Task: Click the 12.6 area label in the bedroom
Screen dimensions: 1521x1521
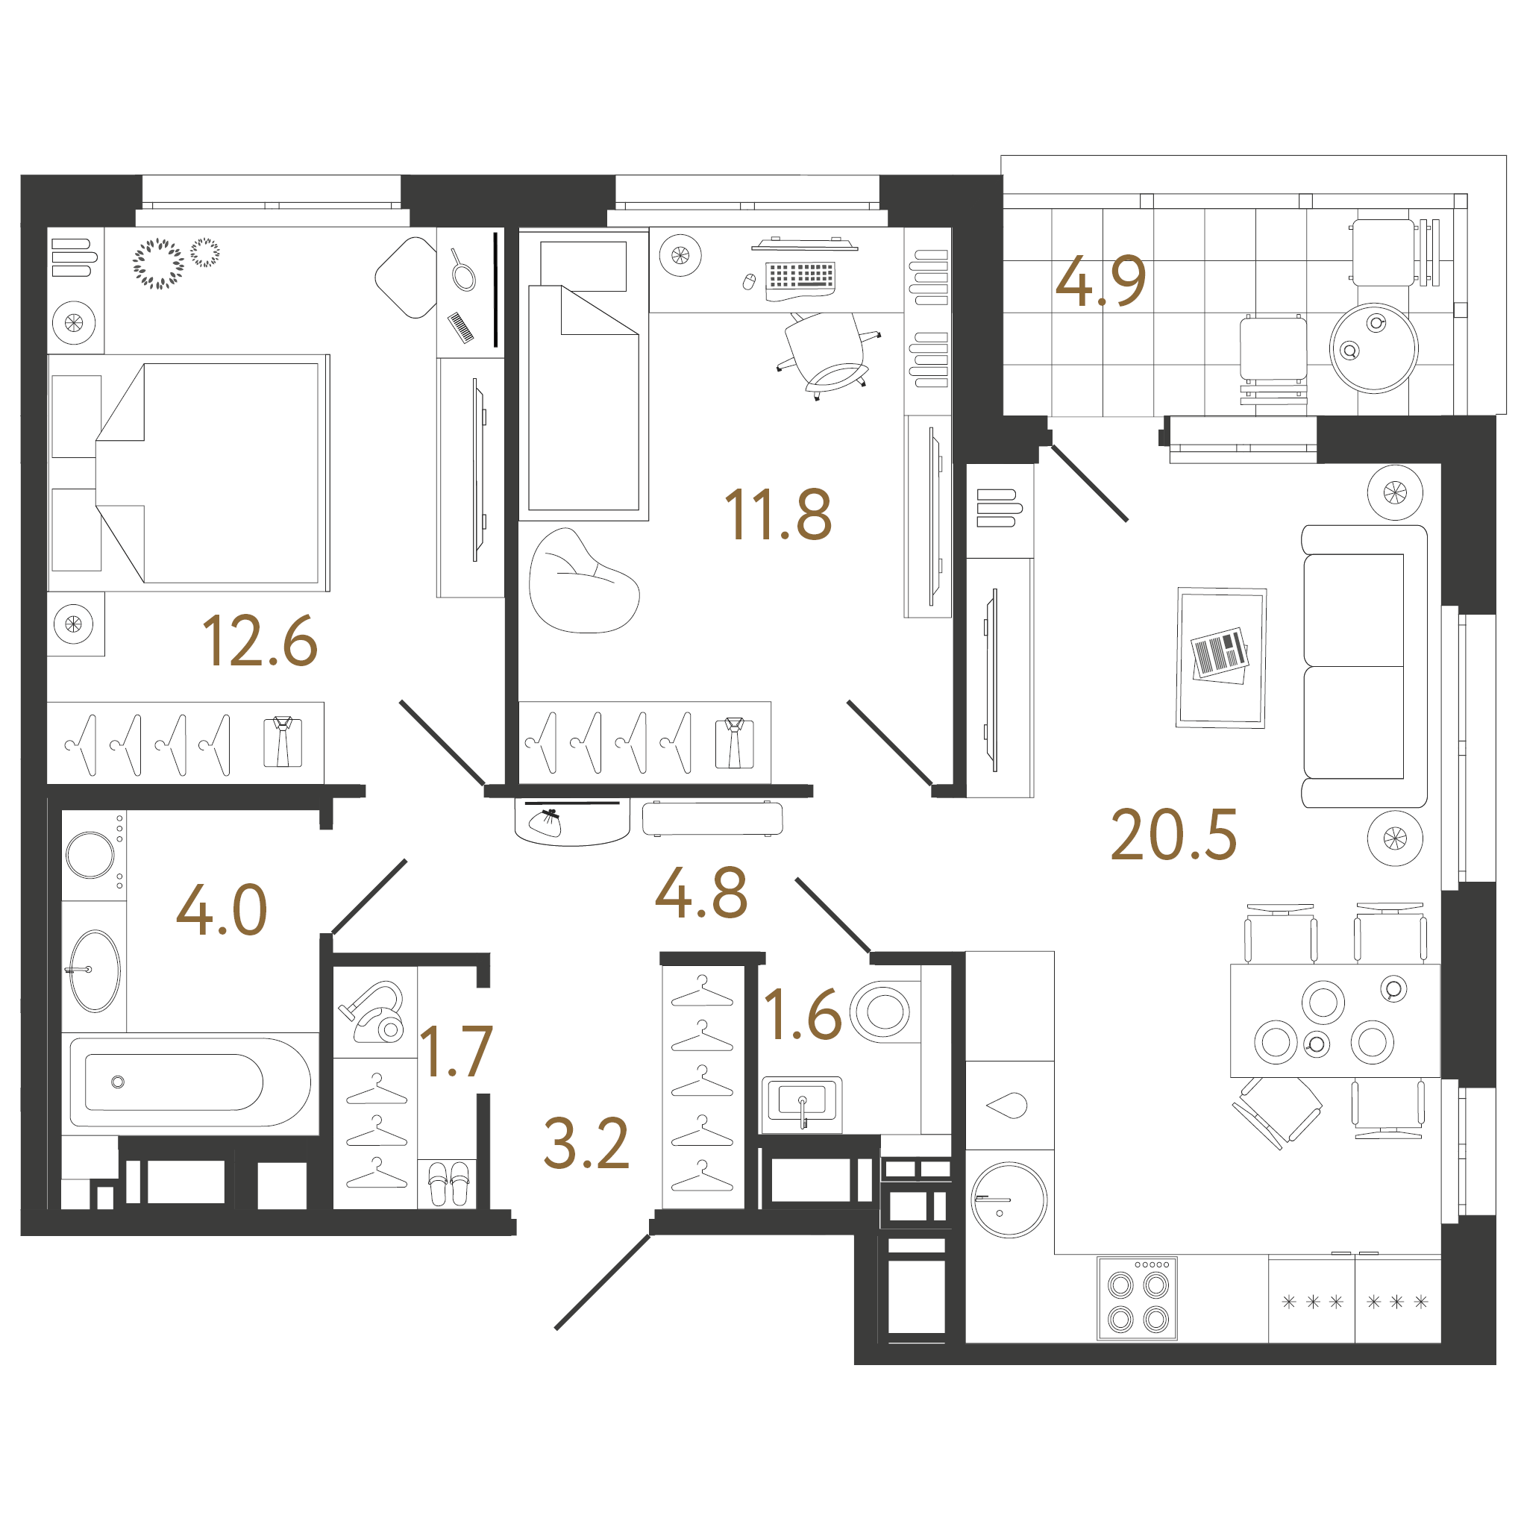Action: point(260,642)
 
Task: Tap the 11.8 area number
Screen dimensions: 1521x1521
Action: point(777,515)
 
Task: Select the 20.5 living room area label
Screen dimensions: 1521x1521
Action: point(1173,835)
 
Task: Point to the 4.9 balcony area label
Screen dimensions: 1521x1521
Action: point(1100,281)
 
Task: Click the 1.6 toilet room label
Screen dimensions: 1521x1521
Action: point(802,1014)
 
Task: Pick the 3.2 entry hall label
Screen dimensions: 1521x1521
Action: point(586,1143)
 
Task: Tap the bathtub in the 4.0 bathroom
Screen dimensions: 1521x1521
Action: point(189,1082)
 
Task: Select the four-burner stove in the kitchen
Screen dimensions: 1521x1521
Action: point(1137,1298)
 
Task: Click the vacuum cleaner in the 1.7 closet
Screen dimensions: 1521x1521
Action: point(373,1012)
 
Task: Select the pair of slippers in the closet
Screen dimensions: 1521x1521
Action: point(449,1182)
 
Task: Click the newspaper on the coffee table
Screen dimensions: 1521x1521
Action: point(1220,654)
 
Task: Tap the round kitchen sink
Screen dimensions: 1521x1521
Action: point(1009,1199)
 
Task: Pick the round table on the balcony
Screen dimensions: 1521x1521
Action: point(1373,348)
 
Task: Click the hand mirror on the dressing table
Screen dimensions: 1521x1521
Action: point(462,270)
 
